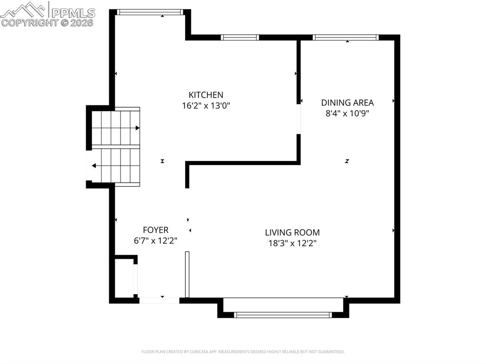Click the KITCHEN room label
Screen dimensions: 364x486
[x=206, y=95]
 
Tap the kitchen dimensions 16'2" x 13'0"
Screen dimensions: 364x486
[x=206, y=106]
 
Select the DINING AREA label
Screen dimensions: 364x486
[x=347, y=103]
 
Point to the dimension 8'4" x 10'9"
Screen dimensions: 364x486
[x=347, y=113]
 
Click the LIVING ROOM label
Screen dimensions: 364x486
[x=292, y=233]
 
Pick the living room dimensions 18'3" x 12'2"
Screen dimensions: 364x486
[x=292, y=243]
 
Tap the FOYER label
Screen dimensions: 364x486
[x=156, y=230]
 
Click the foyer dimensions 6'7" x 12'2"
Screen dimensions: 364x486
[x=156, y=241]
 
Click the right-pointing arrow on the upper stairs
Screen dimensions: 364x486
[x=137, y=128]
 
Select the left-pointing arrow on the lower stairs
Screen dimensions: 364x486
[x=94, y=166]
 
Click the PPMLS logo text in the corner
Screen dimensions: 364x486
[x=73, y=12]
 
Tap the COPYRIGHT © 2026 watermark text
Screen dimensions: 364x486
[x=47, y=22]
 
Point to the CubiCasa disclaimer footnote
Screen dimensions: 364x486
[x=243, y=352]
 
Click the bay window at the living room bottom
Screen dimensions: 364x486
[x=283, y=315]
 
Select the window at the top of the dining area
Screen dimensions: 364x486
[x=345, y=37]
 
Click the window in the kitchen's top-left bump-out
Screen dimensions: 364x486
[x=150, y=12]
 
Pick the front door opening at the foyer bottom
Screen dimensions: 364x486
[x=159, y=300]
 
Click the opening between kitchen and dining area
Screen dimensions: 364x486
[x=299, y=119]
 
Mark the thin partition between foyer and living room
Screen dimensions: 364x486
[x=187, y=274]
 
